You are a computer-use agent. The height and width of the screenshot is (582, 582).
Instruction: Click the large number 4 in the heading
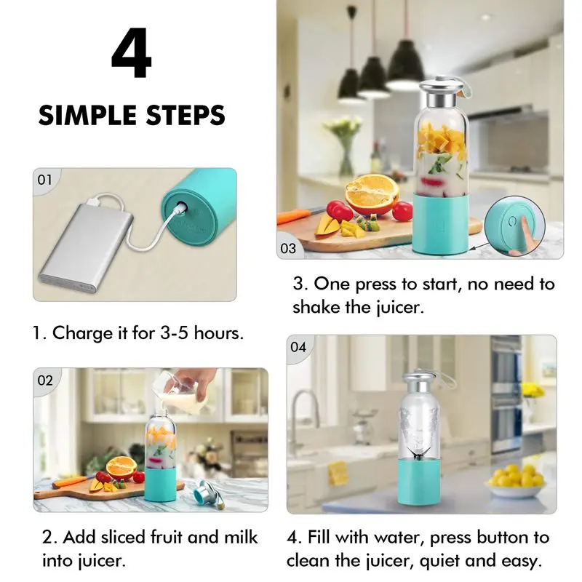[x=132, y=52]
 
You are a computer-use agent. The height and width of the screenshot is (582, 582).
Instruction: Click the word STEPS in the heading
[x=186, y=115]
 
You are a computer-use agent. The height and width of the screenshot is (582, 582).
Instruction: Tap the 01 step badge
[x=44, y=180]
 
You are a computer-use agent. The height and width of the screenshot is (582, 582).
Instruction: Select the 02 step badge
[x=45, y=380]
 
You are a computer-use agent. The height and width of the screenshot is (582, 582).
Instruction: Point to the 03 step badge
[x=288, y=248]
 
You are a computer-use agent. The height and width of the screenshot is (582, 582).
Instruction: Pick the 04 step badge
[x=298, y=348]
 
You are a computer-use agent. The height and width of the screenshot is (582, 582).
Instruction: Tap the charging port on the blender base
[x=181, y=207]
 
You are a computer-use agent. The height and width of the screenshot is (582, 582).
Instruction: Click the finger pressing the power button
[x=522, y=237]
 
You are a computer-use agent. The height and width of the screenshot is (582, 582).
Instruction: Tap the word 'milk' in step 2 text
[x=241, y=538]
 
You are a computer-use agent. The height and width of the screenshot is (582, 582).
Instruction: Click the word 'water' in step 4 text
[x=399, y=538]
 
